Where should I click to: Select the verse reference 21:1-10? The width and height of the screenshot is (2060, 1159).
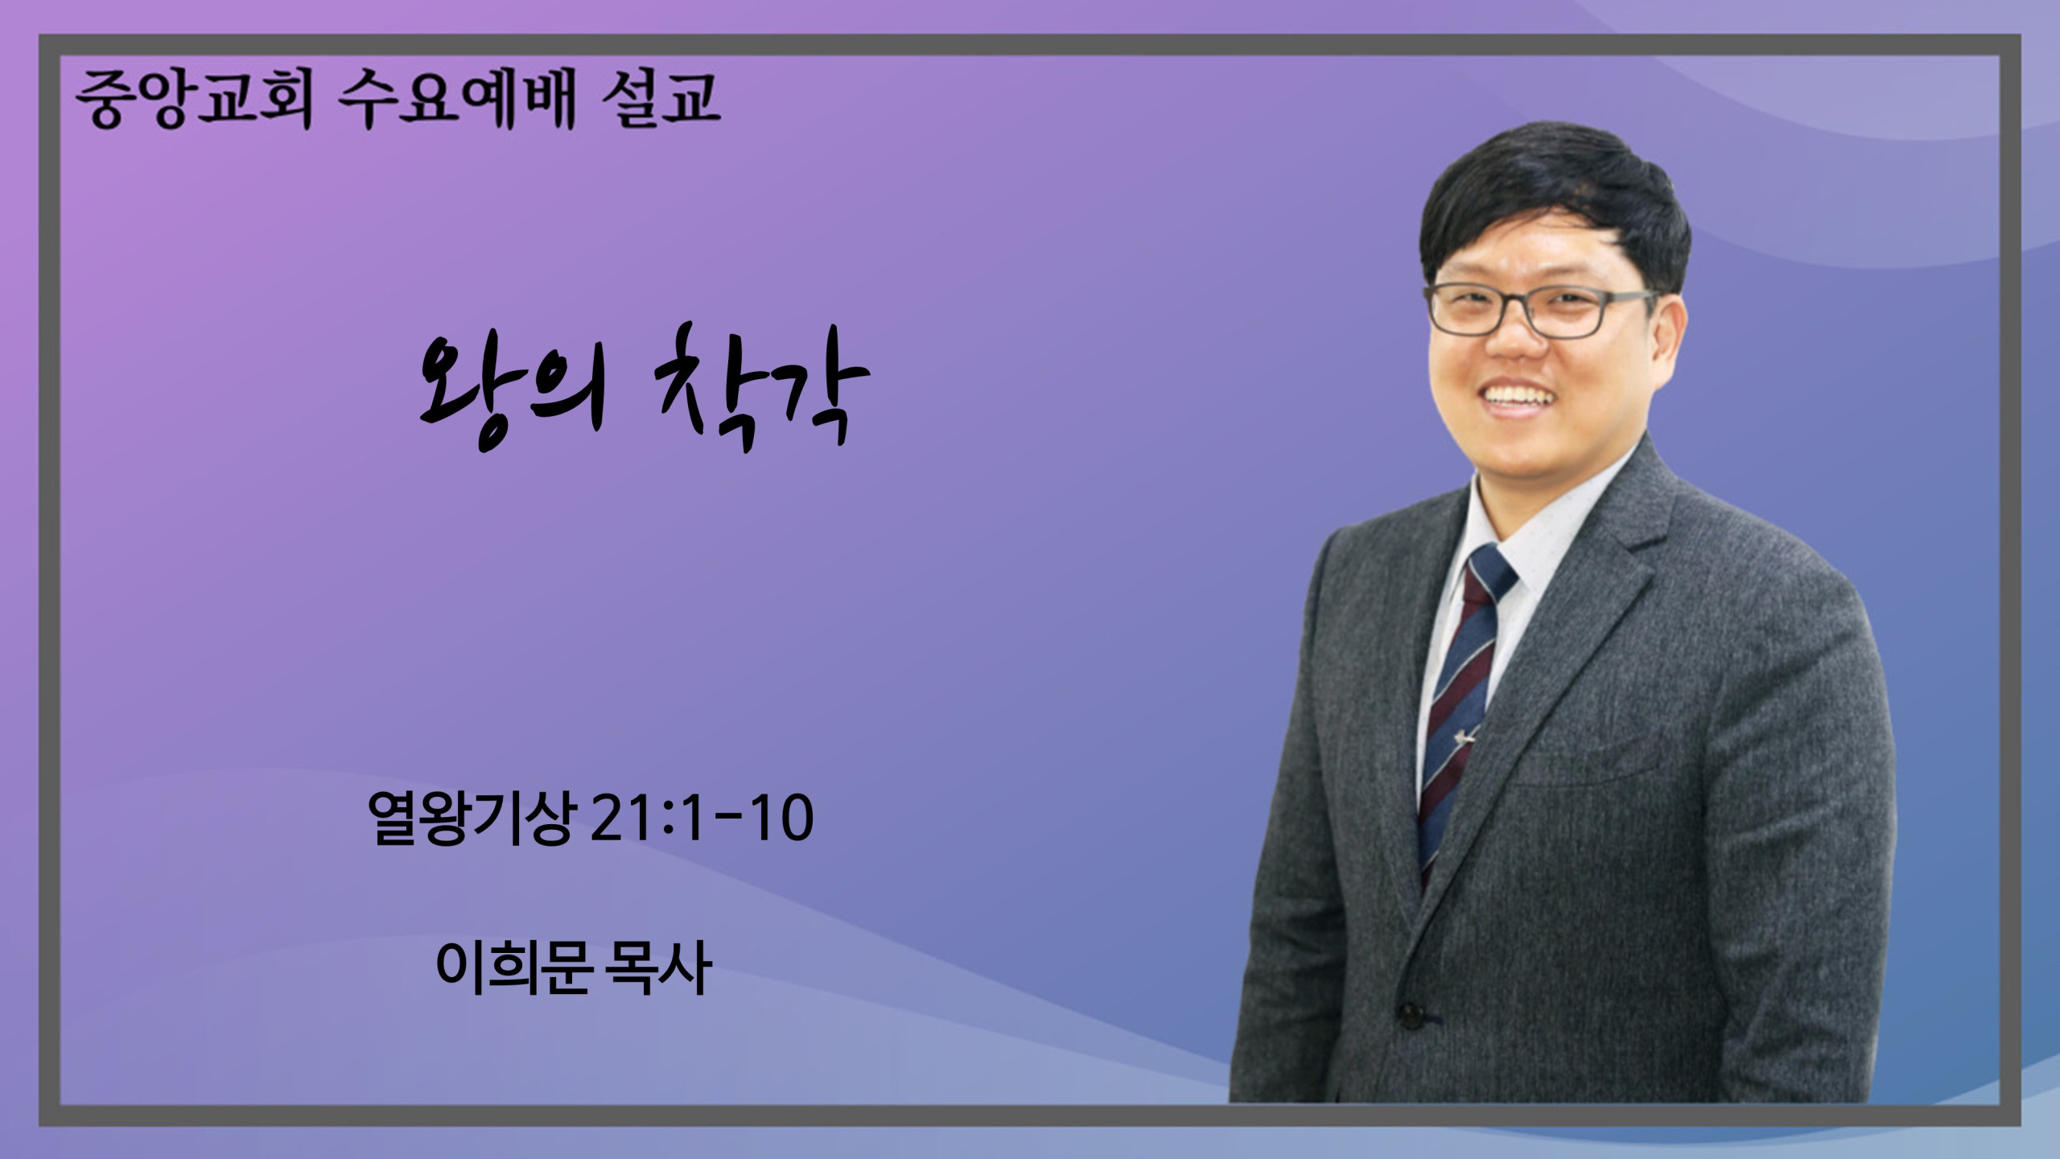coord(701,820)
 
